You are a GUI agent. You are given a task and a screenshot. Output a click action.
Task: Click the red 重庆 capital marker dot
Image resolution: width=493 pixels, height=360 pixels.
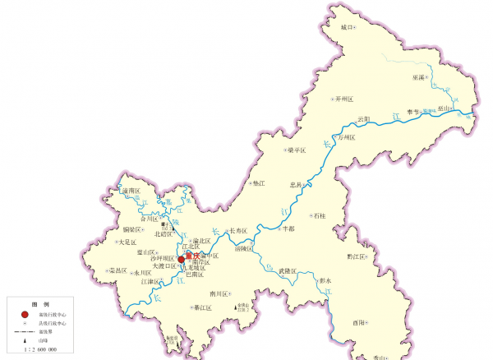click(182, 259)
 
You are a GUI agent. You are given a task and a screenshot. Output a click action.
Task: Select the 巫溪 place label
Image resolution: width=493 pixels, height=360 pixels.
click(417, 78)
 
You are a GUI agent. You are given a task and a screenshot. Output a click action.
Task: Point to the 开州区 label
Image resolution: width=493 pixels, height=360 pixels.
click(343, 99)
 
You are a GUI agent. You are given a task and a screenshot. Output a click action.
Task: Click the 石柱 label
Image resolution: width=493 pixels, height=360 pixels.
click(319, 215)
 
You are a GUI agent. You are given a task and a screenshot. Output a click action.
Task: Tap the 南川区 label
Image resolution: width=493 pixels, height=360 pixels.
click(218, 293)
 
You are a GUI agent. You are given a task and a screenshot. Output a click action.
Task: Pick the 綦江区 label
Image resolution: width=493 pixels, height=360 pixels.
click(202, 308)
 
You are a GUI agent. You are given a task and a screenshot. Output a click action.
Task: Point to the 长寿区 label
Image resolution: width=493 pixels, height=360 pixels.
click(237, 231)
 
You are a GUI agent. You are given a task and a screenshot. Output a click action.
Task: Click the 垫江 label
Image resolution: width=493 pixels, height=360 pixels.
click(259, 182)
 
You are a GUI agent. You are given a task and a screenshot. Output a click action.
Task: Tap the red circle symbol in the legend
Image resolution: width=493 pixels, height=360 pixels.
click(25, 314)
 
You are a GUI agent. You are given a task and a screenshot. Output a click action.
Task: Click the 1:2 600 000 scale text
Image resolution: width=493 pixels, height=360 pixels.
click(39, 349)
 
